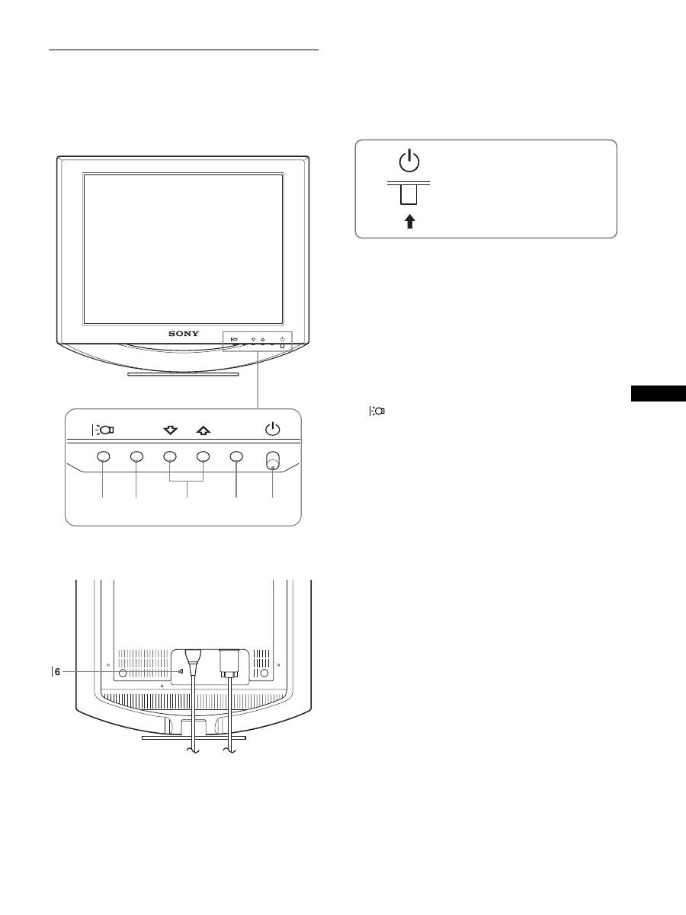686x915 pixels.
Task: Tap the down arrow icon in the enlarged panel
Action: coord(170,430)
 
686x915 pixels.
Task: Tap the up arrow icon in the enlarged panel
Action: coord(203,430)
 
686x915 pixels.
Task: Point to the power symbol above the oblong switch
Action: coord(272,429)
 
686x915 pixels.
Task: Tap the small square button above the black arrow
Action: coord(410,197)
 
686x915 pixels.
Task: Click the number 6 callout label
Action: coord(57,671)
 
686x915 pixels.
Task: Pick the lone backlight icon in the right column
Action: coord(377,411)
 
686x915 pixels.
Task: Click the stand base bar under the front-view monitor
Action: coord(183,374)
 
